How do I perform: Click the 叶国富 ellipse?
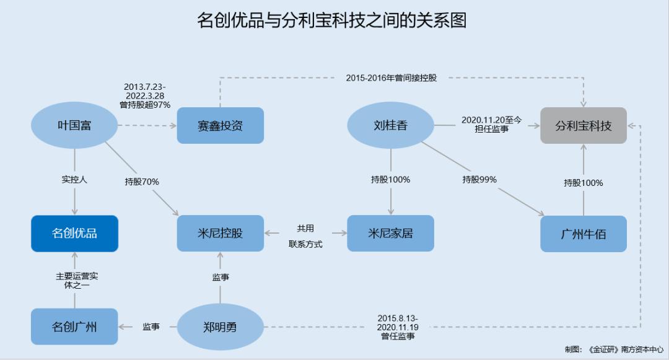click(74, 125)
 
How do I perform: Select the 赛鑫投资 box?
click(220, 125)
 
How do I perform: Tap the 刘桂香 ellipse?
click(390, 125)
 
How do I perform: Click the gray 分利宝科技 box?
click(584, 125)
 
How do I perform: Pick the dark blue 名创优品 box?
click(75, 234)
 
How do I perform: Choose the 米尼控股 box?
click(220, 234)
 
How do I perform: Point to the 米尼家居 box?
click(390, 234)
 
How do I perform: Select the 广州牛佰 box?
click(584, 234)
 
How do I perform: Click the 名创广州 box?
click(74, 327)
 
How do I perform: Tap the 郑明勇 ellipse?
click(220, 327)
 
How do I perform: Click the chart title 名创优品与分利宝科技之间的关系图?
click(331, 20)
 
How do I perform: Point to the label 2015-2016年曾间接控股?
click(391, 78)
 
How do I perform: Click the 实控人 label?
click(74, 180)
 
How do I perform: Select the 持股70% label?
click(142, 182)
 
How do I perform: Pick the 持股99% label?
click(479, 180)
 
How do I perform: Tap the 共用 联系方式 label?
click(305, 236)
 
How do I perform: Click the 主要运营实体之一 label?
click(77, 281)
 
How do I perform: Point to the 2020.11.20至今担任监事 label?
click(491, 125)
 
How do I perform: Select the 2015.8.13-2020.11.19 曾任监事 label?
click(398, 327)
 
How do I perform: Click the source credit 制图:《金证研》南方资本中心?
click(614, 349)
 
